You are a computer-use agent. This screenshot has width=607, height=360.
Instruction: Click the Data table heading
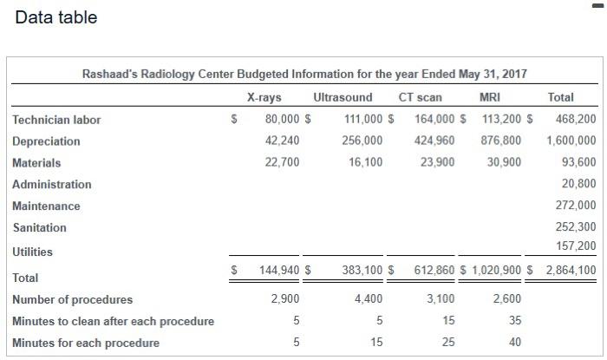[x=56, y=17]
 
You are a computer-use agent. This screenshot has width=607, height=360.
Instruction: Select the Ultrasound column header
[x=343, y=97]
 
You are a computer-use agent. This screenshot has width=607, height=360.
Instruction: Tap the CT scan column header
[x=420, y=97]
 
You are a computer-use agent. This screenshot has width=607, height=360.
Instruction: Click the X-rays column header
[x=264, y=97]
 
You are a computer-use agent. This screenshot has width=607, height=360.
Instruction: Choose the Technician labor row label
[x=56, y=120]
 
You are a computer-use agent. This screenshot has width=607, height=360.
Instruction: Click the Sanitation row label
[x=39, y=227]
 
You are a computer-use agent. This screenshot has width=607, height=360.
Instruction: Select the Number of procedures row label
[x=73, y=299]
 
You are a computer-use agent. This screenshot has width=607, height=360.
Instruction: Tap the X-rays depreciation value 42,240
[x=282, y=141]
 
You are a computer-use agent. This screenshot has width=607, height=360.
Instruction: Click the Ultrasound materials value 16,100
[x=364, y=162]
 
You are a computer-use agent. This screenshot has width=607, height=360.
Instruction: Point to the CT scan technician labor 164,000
[x=434, y=119]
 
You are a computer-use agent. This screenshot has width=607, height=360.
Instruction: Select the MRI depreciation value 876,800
[x=501, y=141]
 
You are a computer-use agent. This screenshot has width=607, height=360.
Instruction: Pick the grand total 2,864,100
[x=571, y=271]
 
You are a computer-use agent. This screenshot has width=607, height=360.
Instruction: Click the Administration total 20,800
[x=579, y=184]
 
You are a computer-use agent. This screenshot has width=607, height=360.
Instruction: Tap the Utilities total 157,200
[x=576, y=246]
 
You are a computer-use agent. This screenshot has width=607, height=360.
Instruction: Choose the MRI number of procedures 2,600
[x=507, y=299]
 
